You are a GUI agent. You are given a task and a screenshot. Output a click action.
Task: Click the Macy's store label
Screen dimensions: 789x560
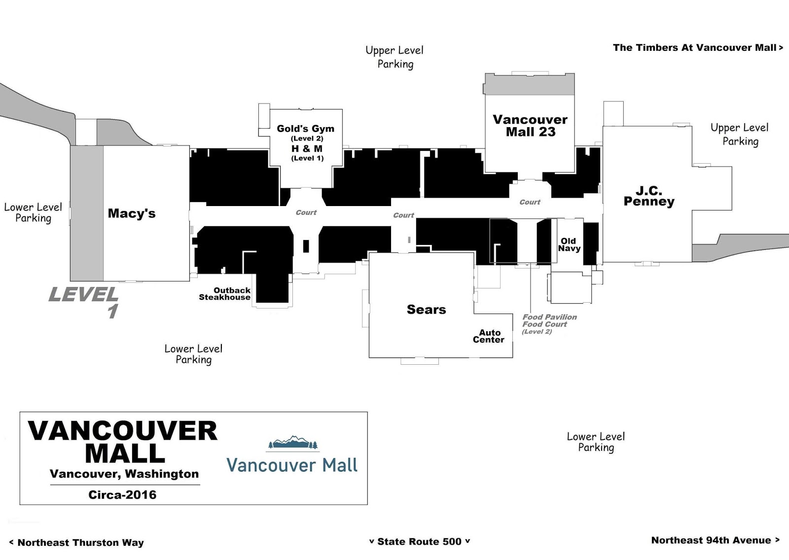pyautogui.click(x=131, y=213)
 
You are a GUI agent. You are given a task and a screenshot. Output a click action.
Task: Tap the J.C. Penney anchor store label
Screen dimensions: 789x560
pyautogui.click(x=649, y=196)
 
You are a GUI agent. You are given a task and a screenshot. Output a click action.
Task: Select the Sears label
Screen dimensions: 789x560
pyautogui.click(x=426, y=309)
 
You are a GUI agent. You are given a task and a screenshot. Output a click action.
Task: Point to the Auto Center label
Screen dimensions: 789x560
pyautogui.click(x=489, y=336)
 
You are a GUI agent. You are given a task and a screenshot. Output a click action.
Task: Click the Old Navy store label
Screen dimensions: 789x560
pyautogui.click(x=569, y=245)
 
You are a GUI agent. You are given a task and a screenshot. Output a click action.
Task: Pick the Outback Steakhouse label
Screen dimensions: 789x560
pyautogui.click(x=225, y=294)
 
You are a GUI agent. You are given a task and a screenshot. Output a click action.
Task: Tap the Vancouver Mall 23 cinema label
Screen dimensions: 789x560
pyautogui.click(x=530, y=126)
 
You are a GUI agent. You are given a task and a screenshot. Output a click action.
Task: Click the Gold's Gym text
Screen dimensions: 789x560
pyautogui.click(x=305, y=129)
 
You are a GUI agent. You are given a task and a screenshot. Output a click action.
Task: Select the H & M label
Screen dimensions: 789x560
pyautogui.click(x=307, y=149)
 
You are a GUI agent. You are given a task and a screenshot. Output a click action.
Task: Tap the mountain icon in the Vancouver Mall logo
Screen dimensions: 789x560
pyautogui.click(x=292, y=442)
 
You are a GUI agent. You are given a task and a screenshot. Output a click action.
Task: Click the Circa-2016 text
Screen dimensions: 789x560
pyautogui.click(x=122, y=495)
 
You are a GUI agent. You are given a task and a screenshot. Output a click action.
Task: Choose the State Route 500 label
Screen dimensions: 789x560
pyautogui.click(x=419, y=541)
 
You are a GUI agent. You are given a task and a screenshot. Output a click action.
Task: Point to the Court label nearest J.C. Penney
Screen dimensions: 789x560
pyautogui.click(x=530, y=202)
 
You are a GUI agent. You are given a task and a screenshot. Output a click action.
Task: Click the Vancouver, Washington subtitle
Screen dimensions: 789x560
pyautogui.click(x=124, y=474)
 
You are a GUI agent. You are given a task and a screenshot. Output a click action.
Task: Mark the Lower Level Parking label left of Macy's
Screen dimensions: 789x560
pyautogui.click(x=33, y=213)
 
